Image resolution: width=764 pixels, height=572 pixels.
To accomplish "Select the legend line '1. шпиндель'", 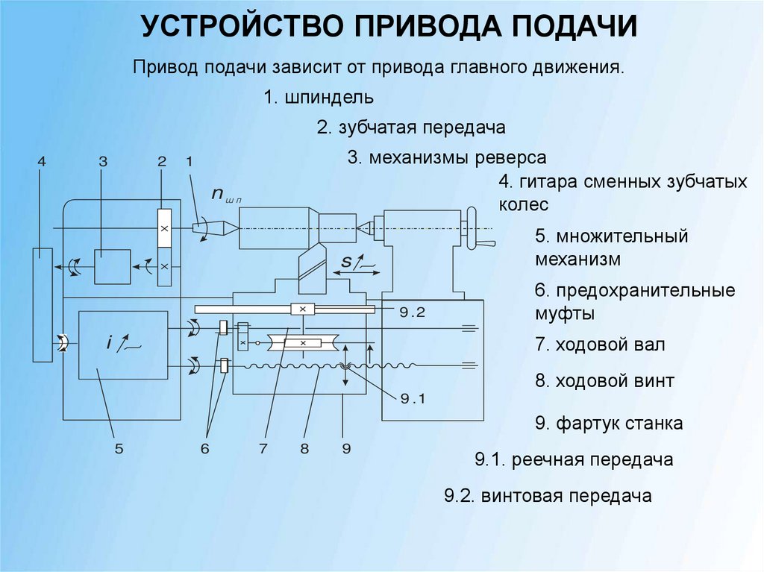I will tap(319, 97).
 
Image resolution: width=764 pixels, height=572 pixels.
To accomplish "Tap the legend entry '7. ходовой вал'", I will tap(600, 345).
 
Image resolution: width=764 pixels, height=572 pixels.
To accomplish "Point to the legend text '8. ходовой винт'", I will tap(604, 381).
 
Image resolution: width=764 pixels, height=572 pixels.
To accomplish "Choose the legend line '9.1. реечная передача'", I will tap(574, 459).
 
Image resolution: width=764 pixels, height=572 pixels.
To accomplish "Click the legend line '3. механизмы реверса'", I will tap(447, 158).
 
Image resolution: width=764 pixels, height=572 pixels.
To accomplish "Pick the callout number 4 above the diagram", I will tap(42, 161).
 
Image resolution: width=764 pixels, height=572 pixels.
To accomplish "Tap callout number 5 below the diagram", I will tap(119, 448).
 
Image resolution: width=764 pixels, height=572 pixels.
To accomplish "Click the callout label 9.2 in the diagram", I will tap(411, 312).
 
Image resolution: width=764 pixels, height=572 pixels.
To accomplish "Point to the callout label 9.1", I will tap(411, 398).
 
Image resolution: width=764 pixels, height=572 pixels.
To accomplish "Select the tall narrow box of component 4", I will tap(43, 305).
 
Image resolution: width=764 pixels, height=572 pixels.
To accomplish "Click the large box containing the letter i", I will tap(123, 345).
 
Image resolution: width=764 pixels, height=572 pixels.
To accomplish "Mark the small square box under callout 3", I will tap(112, 266).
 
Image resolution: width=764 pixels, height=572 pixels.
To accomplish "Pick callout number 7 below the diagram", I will tap(263, 448).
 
